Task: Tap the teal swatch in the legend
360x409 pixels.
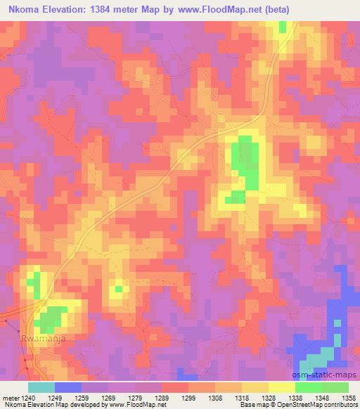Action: pyautogui.click(x=41, y=387)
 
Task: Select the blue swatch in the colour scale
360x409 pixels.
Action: pyautogui.click(x=68, y=387)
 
